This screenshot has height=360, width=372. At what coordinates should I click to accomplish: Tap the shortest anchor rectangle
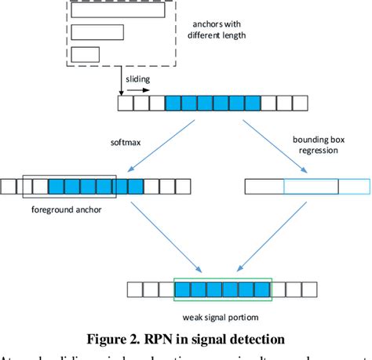coord(86,54)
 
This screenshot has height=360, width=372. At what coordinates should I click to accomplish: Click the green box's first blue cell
coord(182,290)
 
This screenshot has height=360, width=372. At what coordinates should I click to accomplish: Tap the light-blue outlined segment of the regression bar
coord(311,186)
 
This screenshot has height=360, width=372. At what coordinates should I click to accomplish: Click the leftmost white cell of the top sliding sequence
coord(125,104)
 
